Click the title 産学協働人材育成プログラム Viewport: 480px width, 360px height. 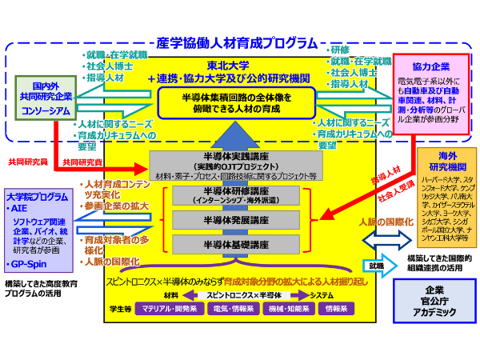240,44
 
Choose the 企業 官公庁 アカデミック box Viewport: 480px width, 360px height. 434,300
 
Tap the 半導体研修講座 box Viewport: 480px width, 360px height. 237,197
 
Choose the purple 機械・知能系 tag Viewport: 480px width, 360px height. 281,307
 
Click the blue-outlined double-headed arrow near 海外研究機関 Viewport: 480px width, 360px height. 381,238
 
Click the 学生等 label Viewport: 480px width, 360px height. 119,307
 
